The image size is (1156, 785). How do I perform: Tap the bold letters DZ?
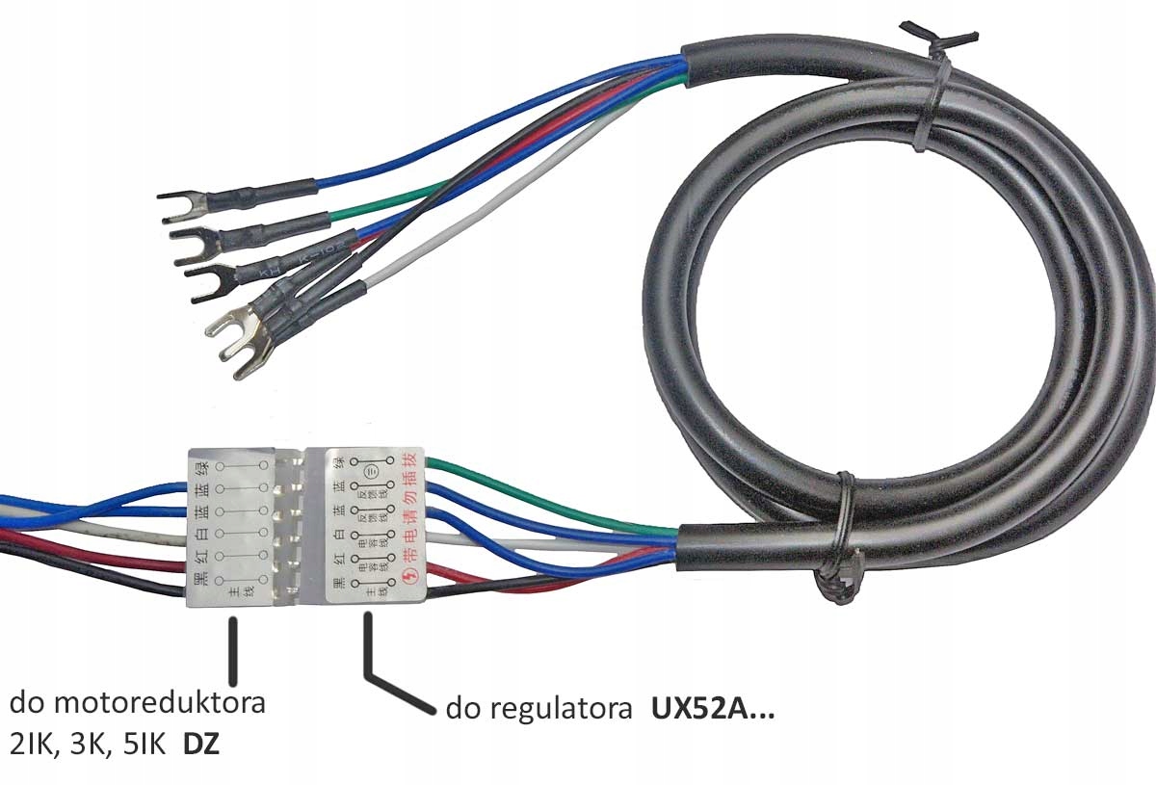click(x=200, y=744)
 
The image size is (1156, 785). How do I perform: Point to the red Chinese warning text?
click(x=405, y=515)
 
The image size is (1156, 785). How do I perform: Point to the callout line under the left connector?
click(x=231, y=650)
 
